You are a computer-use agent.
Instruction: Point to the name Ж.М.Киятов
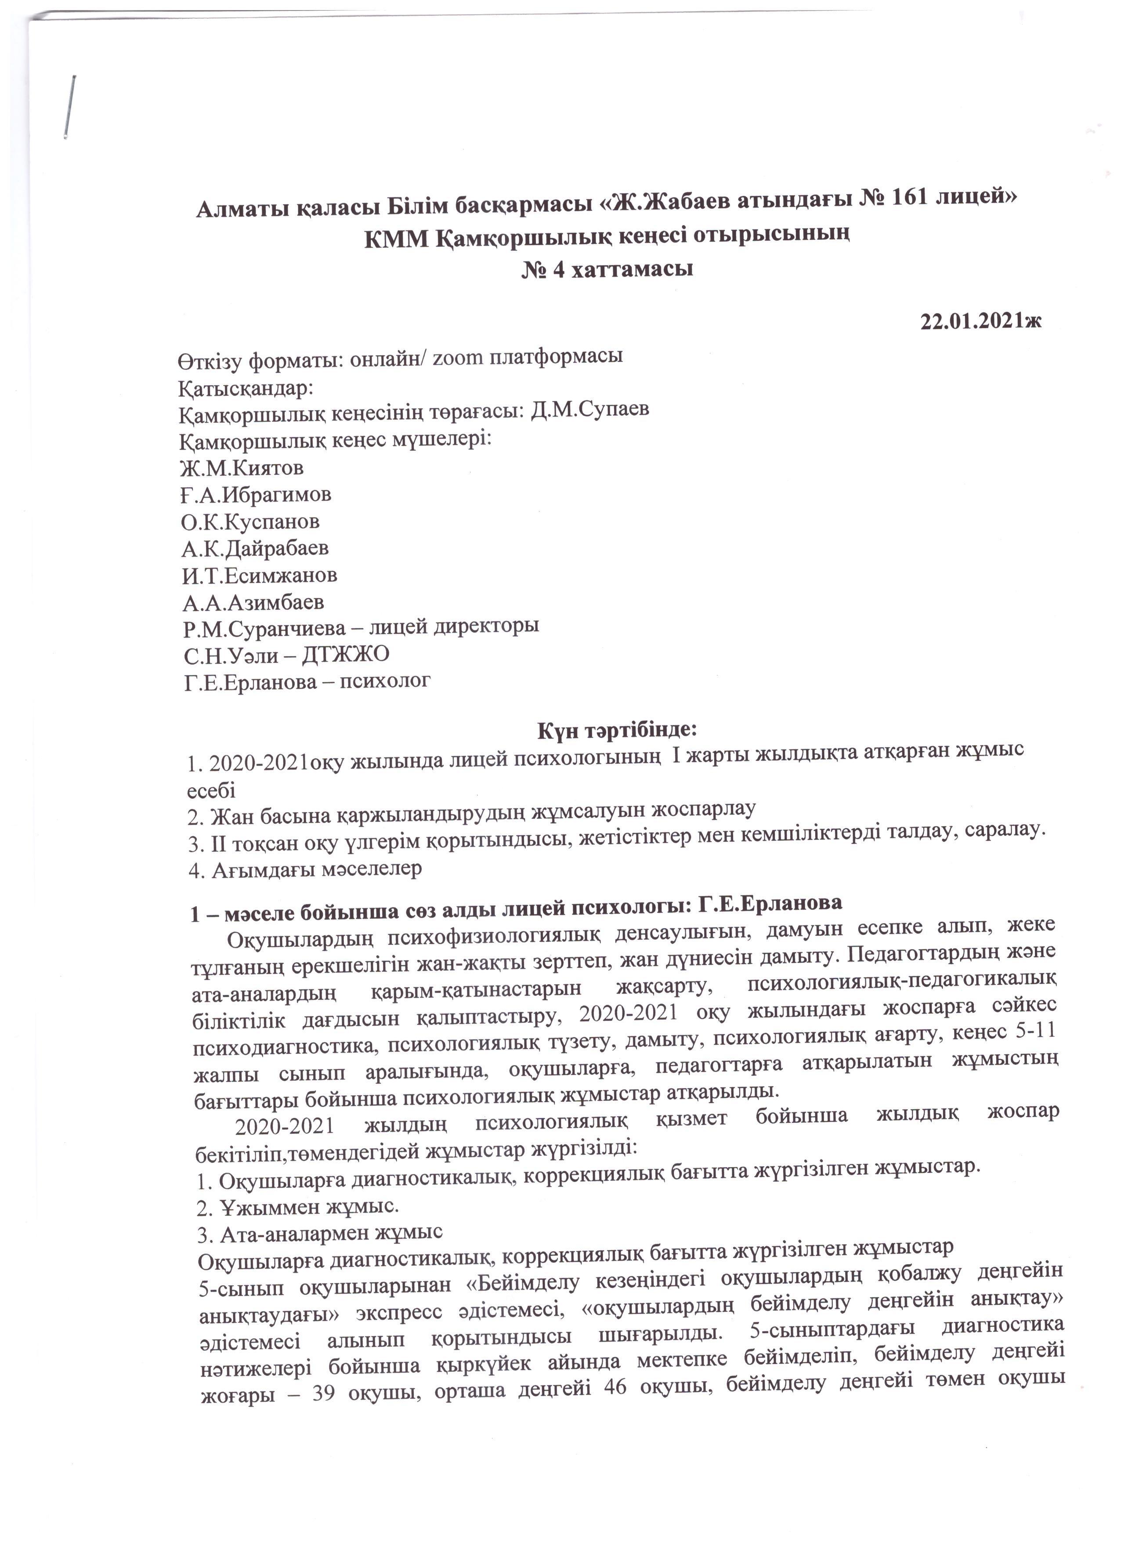tap(242, 468)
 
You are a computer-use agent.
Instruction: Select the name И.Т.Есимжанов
tap(259, 575)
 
